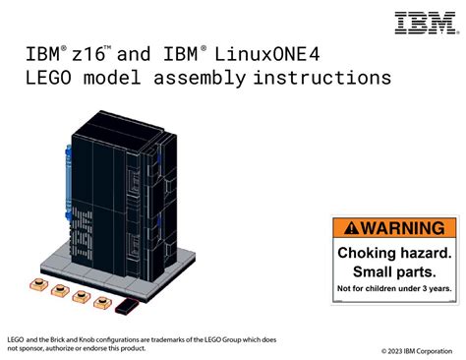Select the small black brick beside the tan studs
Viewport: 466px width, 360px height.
(124, 308)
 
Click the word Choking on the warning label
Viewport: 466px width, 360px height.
(371, 252)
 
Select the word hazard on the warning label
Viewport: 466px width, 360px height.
(425, 252)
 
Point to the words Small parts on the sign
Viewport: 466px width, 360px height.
(394, 270)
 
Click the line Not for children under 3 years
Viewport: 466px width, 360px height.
(394, 288)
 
